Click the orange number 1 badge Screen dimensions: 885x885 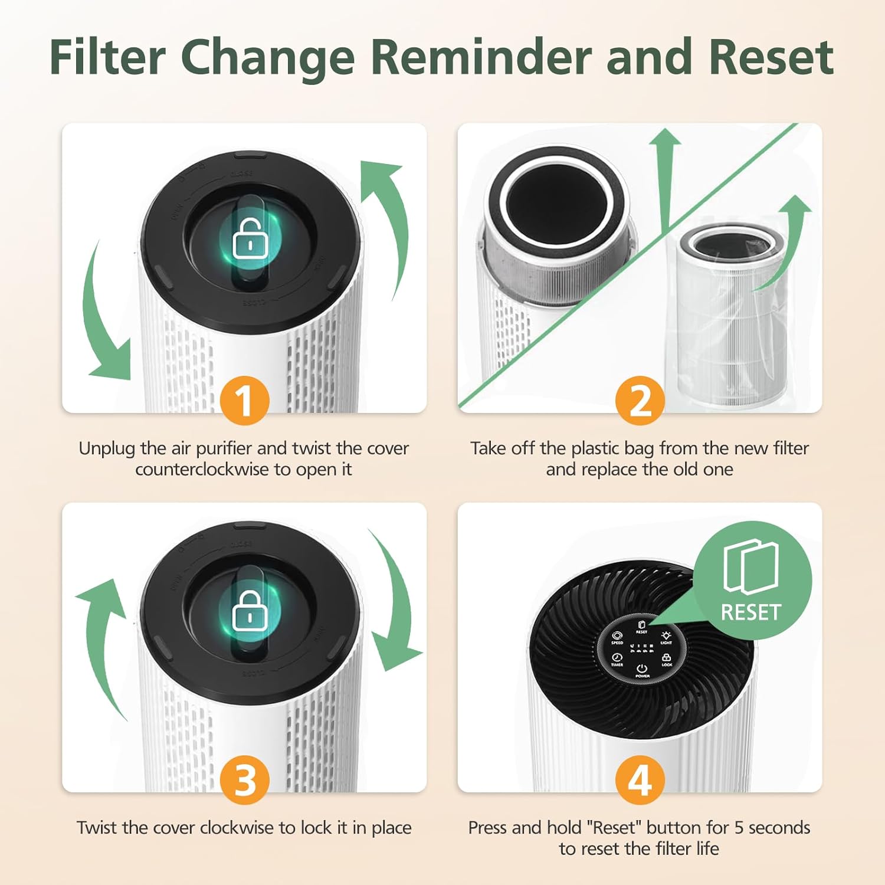pyautogui.click(x=244, y=401)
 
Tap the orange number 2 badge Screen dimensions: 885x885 pyautogui.click(x=640, y=401)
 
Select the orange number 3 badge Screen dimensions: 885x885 pyautogui.click(x=244, y=780)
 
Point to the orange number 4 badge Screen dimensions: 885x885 pyautogui.click(x=640, y=780)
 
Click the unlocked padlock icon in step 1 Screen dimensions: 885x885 pyautogui.click(x=248, y=239)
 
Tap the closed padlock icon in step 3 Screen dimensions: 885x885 pyautogui.click(x=248, y=611)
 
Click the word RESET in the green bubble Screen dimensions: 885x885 pyautogui.click(x=750, y=612)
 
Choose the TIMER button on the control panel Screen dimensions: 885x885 pyautogui.click(x=617, y=659)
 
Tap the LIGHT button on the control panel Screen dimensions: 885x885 pyautogui.click(x=666, y=637)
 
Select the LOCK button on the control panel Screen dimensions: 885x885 pyautogui.click(x=667, y=659)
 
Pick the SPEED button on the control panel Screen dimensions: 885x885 pyautogui.click(x=617, y=637)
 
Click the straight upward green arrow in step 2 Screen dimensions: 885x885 pyautogui.click(x=665, y=177)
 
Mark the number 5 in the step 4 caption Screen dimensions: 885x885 pyautogui.click(x=739, y=828)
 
